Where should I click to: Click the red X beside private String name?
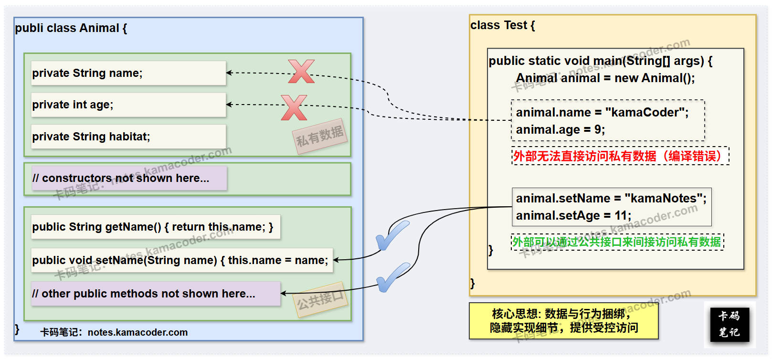301,72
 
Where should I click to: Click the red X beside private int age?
294,107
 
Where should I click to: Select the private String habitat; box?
128,137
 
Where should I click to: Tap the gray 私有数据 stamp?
320,136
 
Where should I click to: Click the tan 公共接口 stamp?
321,300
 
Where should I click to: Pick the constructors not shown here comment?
129,178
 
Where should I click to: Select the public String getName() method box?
155,227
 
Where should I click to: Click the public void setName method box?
181,260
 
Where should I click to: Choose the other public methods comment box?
155,294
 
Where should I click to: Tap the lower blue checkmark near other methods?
392,277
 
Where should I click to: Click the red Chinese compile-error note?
620,156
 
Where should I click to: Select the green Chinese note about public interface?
617,242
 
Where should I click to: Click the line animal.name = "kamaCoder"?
602,113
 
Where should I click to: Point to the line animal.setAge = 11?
573,216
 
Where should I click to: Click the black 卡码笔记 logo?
729,324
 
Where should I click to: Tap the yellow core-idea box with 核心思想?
563,320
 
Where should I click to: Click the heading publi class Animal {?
71,28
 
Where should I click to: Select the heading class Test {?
502,25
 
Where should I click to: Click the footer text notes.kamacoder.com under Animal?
137,332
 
